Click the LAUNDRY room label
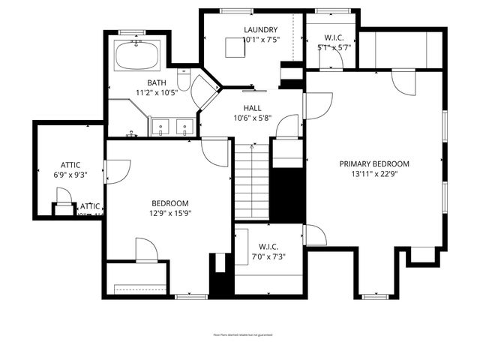[261, 30]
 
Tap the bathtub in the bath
[136, 55]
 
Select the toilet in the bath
[184, 79]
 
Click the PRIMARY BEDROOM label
[374, 163]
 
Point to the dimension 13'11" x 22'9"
[374, 175]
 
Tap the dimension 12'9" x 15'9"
[170, 213]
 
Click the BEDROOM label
[170, 203]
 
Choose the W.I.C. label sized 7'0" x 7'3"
[268, 246]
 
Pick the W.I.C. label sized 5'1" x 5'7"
[334, 37]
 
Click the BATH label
[156, 82]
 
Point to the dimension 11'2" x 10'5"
[156, 92]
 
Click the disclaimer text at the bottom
[239, 336]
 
